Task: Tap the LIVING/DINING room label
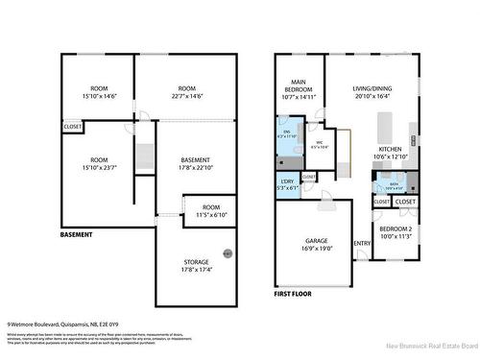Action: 372,90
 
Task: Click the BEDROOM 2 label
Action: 393,228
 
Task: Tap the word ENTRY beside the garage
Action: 361,243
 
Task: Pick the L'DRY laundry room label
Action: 287,183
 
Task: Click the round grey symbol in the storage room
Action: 228,253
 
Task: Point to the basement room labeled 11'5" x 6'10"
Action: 211,210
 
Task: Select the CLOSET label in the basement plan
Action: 73,127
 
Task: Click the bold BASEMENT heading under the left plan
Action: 77,235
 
